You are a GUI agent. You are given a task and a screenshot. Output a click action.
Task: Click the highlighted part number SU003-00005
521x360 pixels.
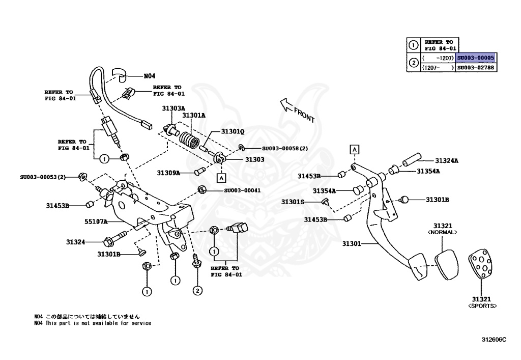click(x=475, y=58)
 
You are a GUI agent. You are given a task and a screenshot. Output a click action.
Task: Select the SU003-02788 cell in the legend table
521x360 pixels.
click(x=475, y=67)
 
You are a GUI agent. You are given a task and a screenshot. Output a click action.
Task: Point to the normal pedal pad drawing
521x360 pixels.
click(x=446, y=263)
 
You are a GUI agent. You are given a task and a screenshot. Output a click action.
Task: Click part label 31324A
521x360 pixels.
click(x=446, y=161)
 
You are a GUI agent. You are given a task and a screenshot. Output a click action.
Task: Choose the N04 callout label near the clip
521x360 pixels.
click(x=149, y=76)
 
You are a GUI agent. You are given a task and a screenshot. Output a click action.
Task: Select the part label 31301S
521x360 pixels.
click(x=293, y=202)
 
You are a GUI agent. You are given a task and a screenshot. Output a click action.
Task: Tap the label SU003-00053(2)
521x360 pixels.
click(x=43, y=177)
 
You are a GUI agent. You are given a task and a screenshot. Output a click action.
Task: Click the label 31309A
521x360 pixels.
click(x=168, y=173)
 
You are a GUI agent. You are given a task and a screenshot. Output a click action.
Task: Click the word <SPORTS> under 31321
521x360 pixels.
click(x=482, y=306)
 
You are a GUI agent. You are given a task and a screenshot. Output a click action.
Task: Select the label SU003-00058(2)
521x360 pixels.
click(x=285, y=149)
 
